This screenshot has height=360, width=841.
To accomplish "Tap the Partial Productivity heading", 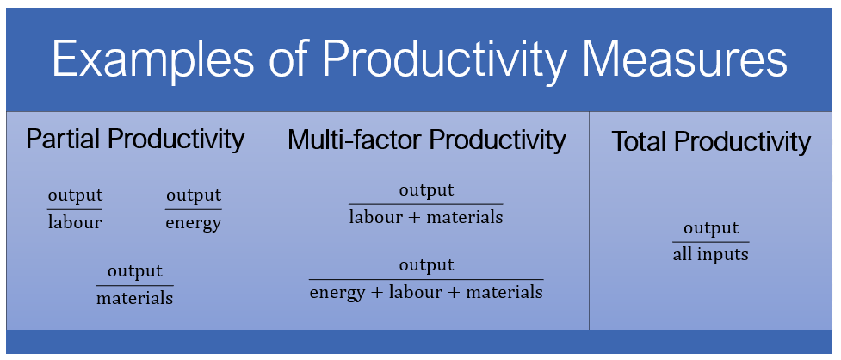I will click(x=135, y=139).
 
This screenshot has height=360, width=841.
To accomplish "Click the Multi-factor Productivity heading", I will click(x=426, y=140).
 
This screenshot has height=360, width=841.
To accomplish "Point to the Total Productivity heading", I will click(x=711, y=141).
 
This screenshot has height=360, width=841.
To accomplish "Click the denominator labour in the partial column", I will click(x=75, y=222).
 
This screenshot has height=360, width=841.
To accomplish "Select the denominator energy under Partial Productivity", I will click(x=194, y=223).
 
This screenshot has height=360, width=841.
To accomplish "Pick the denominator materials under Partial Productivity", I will click(x=134, y=299).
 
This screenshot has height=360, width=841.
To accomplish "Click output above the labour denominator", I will click(x=75, y=196).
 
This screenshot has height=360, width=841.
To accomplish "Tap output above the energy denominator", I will click(x=194, y=196).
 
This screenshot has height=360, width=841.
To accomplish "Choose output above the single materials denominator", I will click(x=134, y=271).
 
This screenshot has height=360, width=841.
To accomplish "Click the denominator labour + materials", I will click(x=426, y=217).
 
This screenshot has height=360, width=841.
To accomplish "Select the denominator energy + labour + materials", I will click(x=426, y=292).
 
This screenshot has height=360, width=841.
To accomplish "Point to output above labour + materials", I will click(x=426, y=190).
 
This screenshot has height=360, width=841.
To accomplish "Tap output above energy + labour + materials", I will click(x=426, y=265).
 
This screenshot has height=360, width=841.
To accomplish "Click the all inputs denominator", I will click(x=710, y=255).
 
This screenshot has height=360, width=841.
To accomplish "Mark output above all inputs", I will click(x=711, y=228).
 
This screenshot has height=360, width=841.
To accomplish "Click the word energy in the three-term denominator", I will click(x=337, y=293).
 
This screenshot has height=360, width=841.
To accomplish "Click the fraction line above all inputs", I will click(x=710, y=242).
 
